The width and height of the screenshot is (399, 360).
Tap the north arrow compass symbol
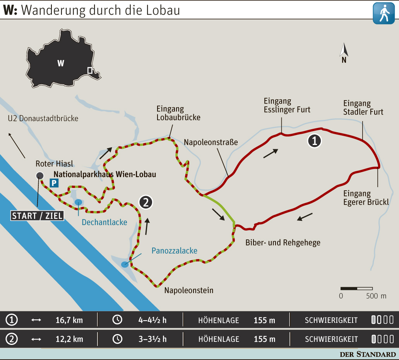pos(344,51)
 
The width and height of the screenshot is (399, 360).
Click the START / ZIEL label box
pos(37,216)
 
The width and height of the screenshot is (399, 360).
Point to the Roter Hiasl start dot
pos(39,176)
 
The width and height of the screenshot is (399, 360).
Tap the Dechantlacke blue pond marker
pos(79,201)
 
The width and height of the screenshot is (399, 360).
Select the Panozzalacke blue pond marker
pos(125,264)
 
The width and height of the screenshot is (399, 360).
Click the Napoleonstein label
pos(189,290)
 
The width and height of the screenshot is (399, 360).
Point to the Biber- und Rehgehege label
pos(283,243)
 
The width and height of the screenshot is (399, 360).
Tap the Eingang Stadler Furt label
pos(363,107)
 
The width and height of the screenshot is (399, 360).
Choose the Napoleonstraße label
pos(211,142)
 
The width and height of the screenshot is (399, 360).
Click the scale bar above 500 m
pos(356,288)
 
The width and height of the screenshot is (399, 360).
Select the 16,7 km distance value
pos(69,320)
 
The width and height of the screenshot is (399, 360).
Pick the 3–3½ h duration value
pos(152,339)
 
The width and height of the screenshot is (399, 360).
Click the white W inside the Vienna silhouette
pos(60,63)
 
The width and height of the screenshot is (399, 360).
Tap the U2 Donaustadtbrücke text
pos(43,118)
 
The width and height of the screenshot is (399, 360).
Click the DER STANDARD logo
pos(368,354)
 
